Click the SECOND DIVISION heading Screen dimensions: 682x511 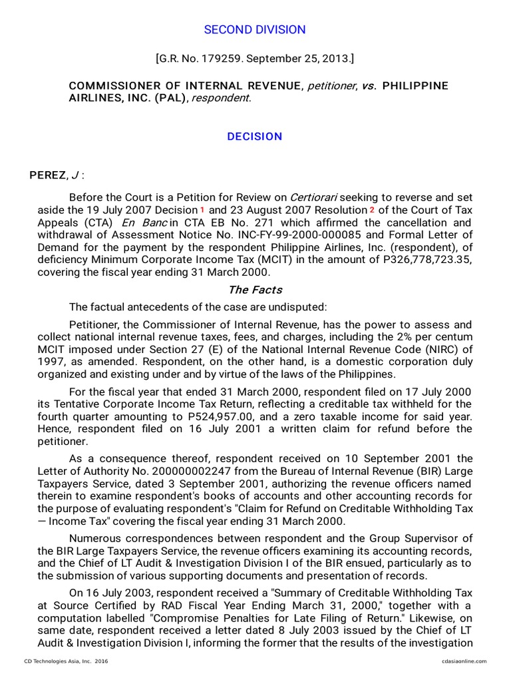[x=255, y=30]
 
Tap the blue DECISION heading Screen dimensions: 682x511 [x=255, y=137]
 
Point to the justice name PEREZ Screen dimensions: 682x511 [x=48, y=175]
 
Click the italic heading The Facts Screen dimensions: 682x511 [x=255, y=290]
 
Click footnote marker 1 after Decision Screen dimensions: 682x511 [x=202, y=210]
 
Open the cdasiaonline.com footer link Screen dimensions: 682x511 [x=464, y=661]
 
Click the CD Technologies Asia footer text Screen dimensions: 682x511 [x=65, y=661]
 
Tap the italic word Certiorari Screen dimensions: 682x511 [x=314, y=197]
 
